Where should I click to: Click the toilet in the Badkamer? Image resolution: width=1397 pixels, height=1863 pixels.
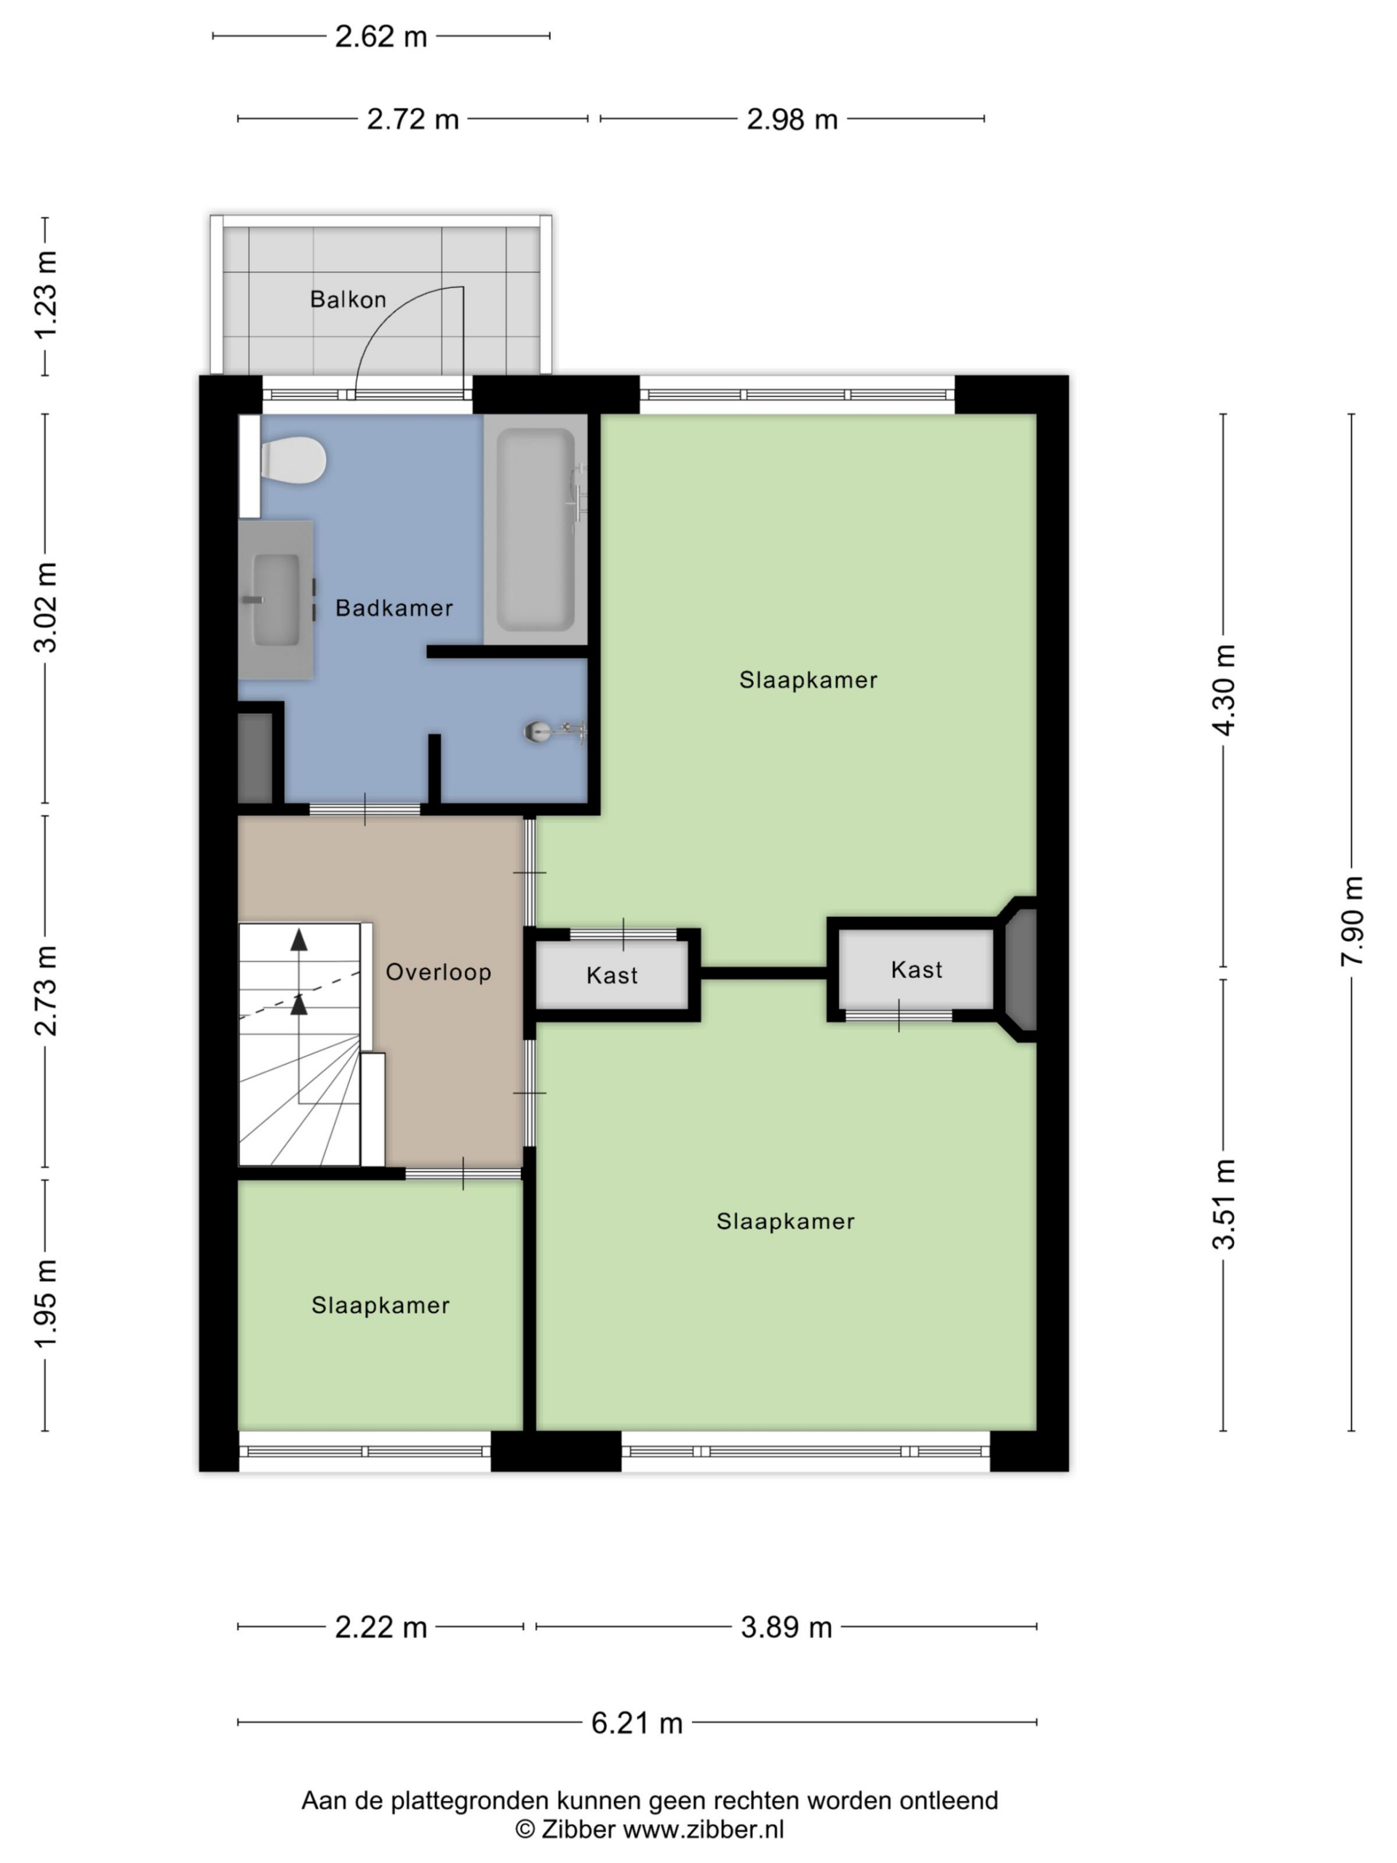pyautogui.click(x=293, y=460)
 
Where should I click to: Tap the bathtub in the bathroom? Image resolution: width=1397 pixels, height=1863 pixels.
pyautogui.click(x=536, y=529)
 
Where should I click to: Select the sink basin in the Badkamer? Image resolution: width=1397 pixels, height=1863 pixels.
pyautogui.click(x=276, y=600)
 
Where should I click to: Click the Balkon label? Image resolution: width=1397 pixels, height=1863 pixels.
pyautogui.click(x=348, y=299)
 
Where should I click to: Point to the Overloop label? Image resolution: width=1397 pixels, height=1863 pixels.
pyautogui.click(x=439, y=972)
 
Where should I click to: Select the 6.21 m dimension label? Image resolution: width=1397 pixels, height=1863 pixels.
pyautogui.click(x=637, y=1723)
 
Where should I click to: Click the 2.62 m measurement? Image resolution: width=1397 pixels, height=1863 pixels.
pyautogui.click(x=381, y=36)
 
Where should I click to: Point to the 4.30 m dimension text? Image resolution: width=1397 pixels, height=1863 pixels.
pyautogui.click(x=1224, y=690)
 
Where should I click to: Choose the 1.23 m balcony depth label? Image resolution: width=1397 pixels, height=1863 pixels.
pyautogui.click(x=44, y=294)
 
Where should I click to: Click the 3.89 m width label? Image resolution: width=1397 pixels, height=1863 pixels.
pyautogui.click(x=787, y=1627)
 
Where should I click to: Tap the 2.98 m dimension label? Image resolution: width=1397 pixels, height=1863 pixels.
pyautogui.click(x=792, y=119)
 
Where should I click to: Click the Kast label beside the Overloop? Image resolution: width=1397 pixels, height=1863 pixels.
pyautogui.click(x=612, y=975)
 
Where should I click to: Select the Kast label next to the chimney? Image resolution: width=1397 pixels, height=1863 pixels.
pyautogui.click(x=916, y=969)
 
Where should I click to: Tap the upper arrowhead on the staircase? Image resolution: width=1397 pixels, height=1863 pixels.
pyautogui.click(x=299, y=940)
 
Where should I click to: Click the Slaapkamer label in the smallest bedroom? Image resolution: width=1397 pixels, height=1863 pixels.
pyautogui.click(x=381, y=1306)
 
